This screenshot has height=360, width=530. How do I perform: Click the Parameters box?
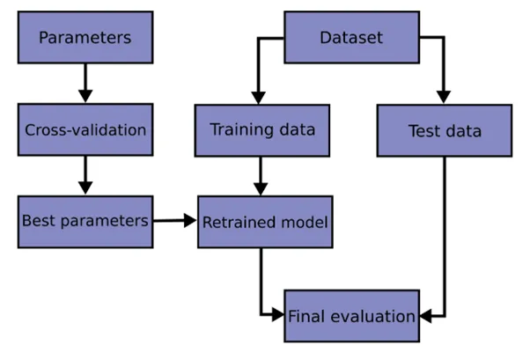[85, 37]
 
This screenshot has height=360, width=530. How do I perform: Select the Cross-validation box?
[85, 129]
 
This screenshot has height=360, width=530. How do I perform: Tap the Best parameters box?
[85, 221]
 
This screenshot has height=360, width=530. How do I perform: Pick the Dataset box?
[350, 37]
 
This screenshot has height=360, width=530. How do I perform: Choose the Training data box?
[261, 130]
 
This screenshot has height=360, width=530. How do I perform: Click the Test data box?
[445, 131]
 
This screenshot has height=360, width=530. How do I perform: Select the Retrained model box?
[264, 222]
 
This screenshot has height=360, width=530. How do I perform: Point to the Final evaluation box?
[351, 315]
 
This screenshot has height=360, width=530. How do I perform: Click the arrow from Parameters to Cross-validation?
[85, 83]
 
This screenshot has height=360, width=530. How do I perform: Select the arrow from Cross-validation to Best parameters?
[85, 175]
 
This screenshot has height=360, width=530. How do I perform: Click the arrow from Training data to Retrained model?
[261, 176]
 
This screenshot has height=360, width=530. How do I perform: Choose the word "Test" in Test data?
[423, 131]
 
